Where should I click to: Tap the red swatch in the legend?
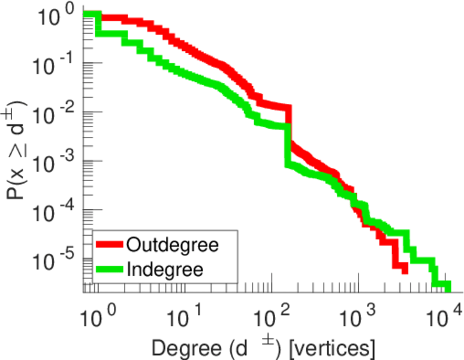click(110, 244)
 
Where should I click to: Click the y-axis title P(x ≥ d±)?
click(19, 151)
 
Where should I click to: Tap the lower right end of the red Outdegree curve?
click(405, 270)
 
